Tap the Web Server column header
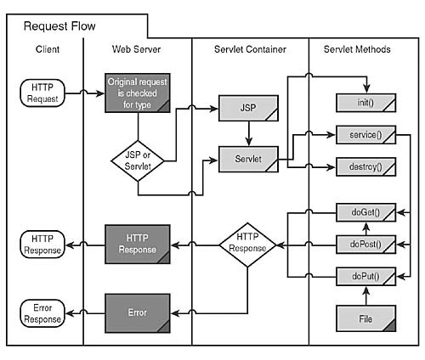pos(136,50)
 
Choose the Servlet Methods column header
pos(357,50)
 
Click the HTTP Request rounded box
pos(42,91)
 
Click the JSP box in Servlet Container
pos(247,108)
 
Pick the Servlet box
pos(247,159)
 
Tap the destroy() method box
pos(366,166)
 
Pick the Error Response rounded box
pos(42,312)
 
